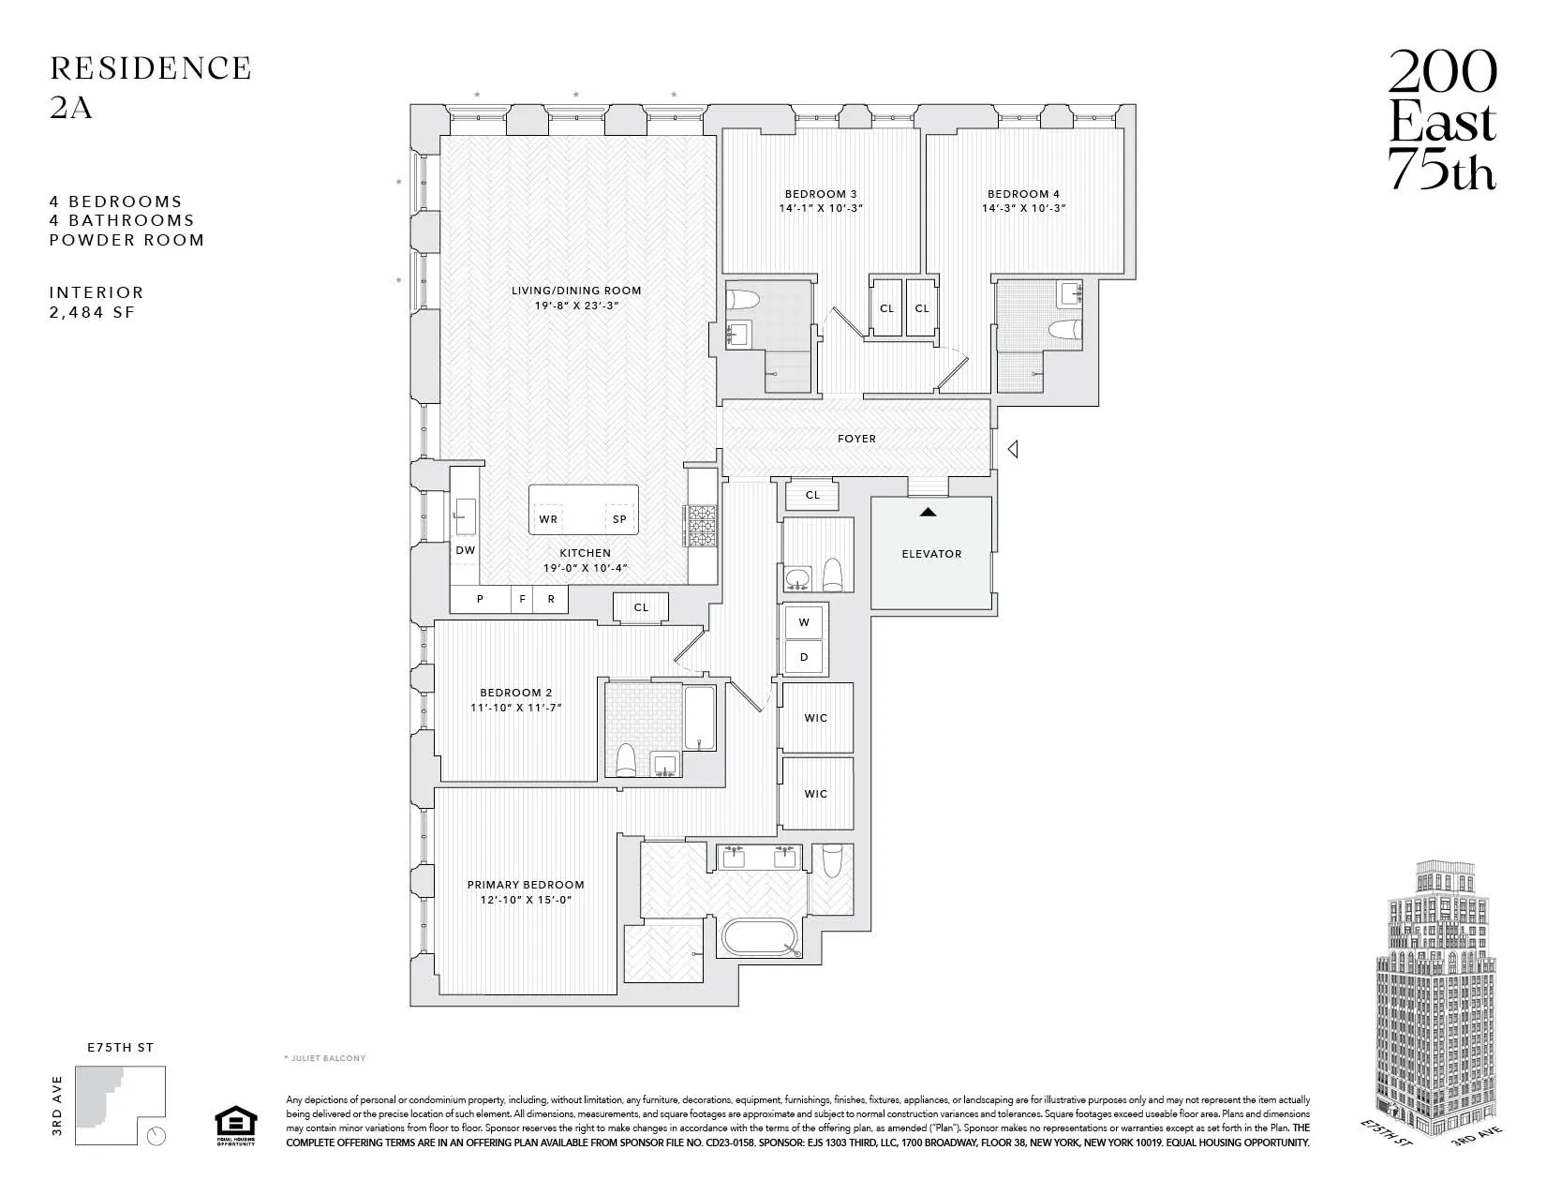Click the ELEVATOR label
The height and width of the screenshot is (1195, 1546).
pyautogui.click(x=931, y=554)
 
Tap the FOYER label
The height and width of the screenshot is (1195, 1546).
pyautogui.click(x=856, y=439)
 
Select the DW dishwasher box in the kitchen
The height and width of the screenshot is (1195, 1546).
pyautogui.click(x=465, y=551)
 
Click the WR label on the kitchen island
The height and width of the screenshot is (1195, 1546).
pyautogui.click(x=548, y=519)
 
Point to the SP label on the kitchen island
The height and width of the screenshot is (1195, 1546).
pyautogui.click(x=619, y=519)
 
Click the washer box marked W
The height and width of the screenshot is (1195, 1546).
pyautogui.click(x=804, y=622)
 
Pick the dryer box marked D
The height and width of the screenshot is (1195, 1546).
pyautogui.click(x=804, y=658)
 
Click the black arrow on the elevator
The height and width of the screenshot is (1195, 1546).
pyautogui.click(x=928, y=512)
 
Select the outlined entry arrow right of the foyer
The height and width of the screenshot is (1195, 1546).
pyautogui.click(x=1012, y=450)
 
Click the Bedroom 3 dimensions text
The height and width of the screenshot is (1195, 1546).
pyautogui.click(x=820, y=208)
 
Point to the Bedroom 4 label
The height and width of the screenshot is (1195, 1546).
pyautogui.click(x=1023, y=194)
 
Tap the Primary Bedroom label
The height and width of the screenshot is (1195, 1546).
pyautogui.click(x=526, y=885)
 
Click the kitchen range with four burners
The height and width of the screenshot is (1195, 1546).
pyautogui.click(x=702, y=527)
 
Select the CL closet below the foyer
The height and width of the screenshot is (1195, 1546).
pyautogui.click(x=812, y=495)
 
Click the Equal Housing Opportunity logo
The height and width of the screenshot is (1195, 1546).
pyautogui.click(x=234, y=1126)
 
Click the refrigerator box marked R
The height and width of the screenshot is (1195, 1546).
pyautogui.click(x=551, y=599)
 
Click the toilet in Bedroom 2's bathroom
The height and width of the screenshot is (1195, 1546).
pyautogui.click(x=626, y=757)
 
